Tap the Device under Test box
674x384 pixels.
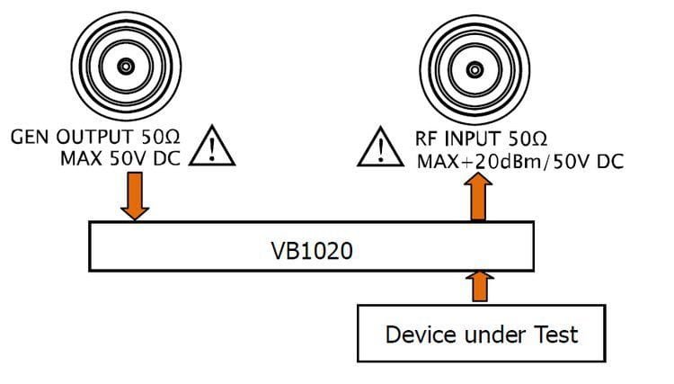(x=481, y=334)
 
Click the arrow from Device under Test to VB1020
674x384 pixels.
(x=481, y=287)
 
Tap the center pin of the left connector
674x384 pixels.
(x=126, y=66)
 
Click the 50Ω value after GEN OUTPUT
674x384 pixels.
(x=164, y=138)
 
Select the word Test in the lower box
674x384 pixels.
(x=557, y=334)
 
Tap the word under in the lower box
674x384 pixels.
(x=492, y=334)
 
